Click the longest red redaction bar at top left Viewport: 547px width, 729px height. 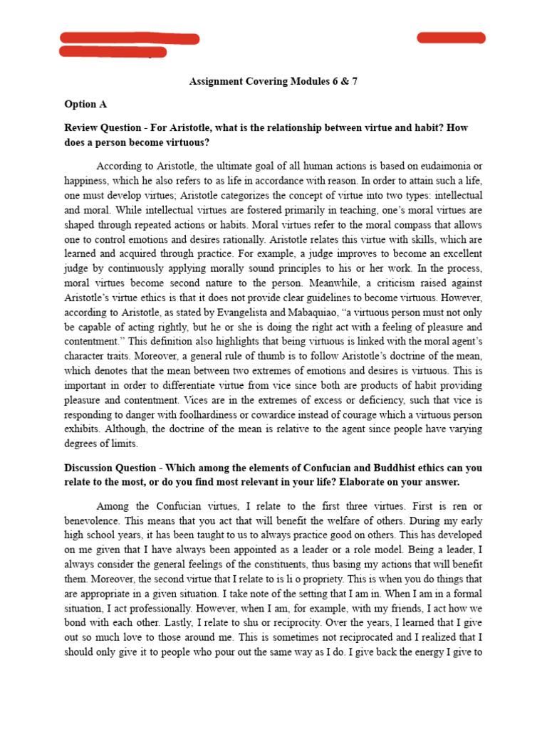click(x=130, y=38)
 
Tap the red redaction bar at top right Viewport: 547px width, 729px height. click(x=451, y=38)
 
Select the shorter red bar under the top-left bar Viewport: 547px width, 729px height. click(x=113, y=52)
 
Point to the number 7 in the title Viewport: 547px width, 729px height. click(x=354, y=81)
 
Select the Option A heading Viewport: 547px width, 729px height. click(x=85, y=104)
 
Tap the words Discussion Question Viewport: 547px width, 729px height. click(x=108, y=468)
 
